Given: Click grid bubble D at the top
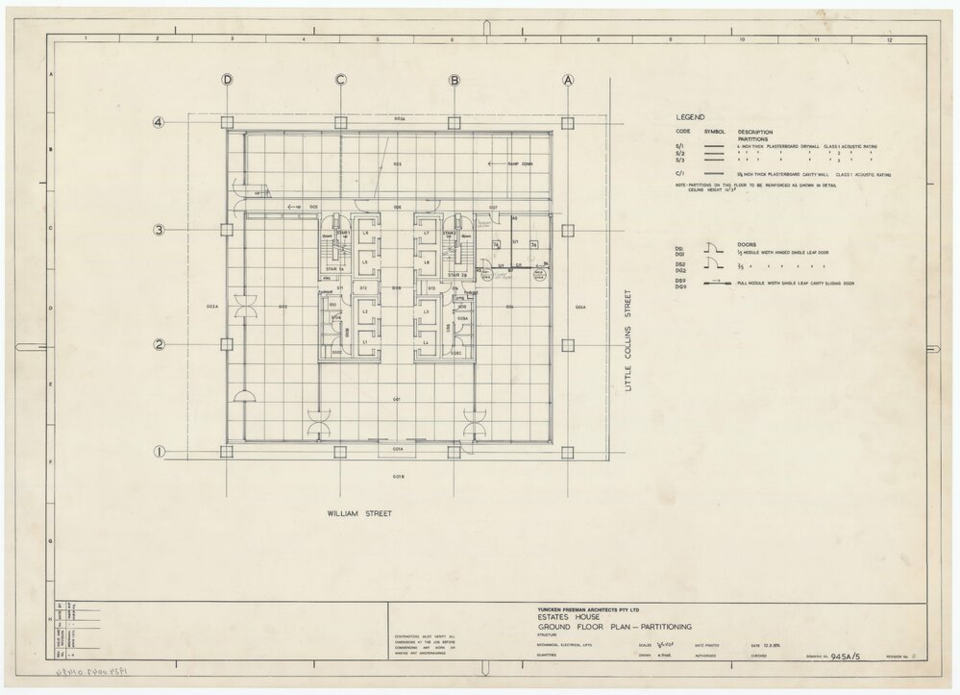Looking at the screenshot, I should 228,81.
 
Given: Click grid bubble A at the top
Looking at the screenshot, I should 568,81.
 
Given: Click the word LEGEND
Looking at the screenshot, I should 692,115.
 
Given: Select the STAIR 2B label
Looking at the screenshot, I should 457,274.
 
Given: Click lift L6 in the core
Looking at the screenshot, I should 365,233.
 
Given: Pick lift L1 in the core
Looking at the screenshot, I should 365,343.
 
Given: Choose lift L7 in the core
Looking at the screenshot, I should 426,233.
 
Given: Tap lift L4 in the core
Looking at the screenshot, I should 426,343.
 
